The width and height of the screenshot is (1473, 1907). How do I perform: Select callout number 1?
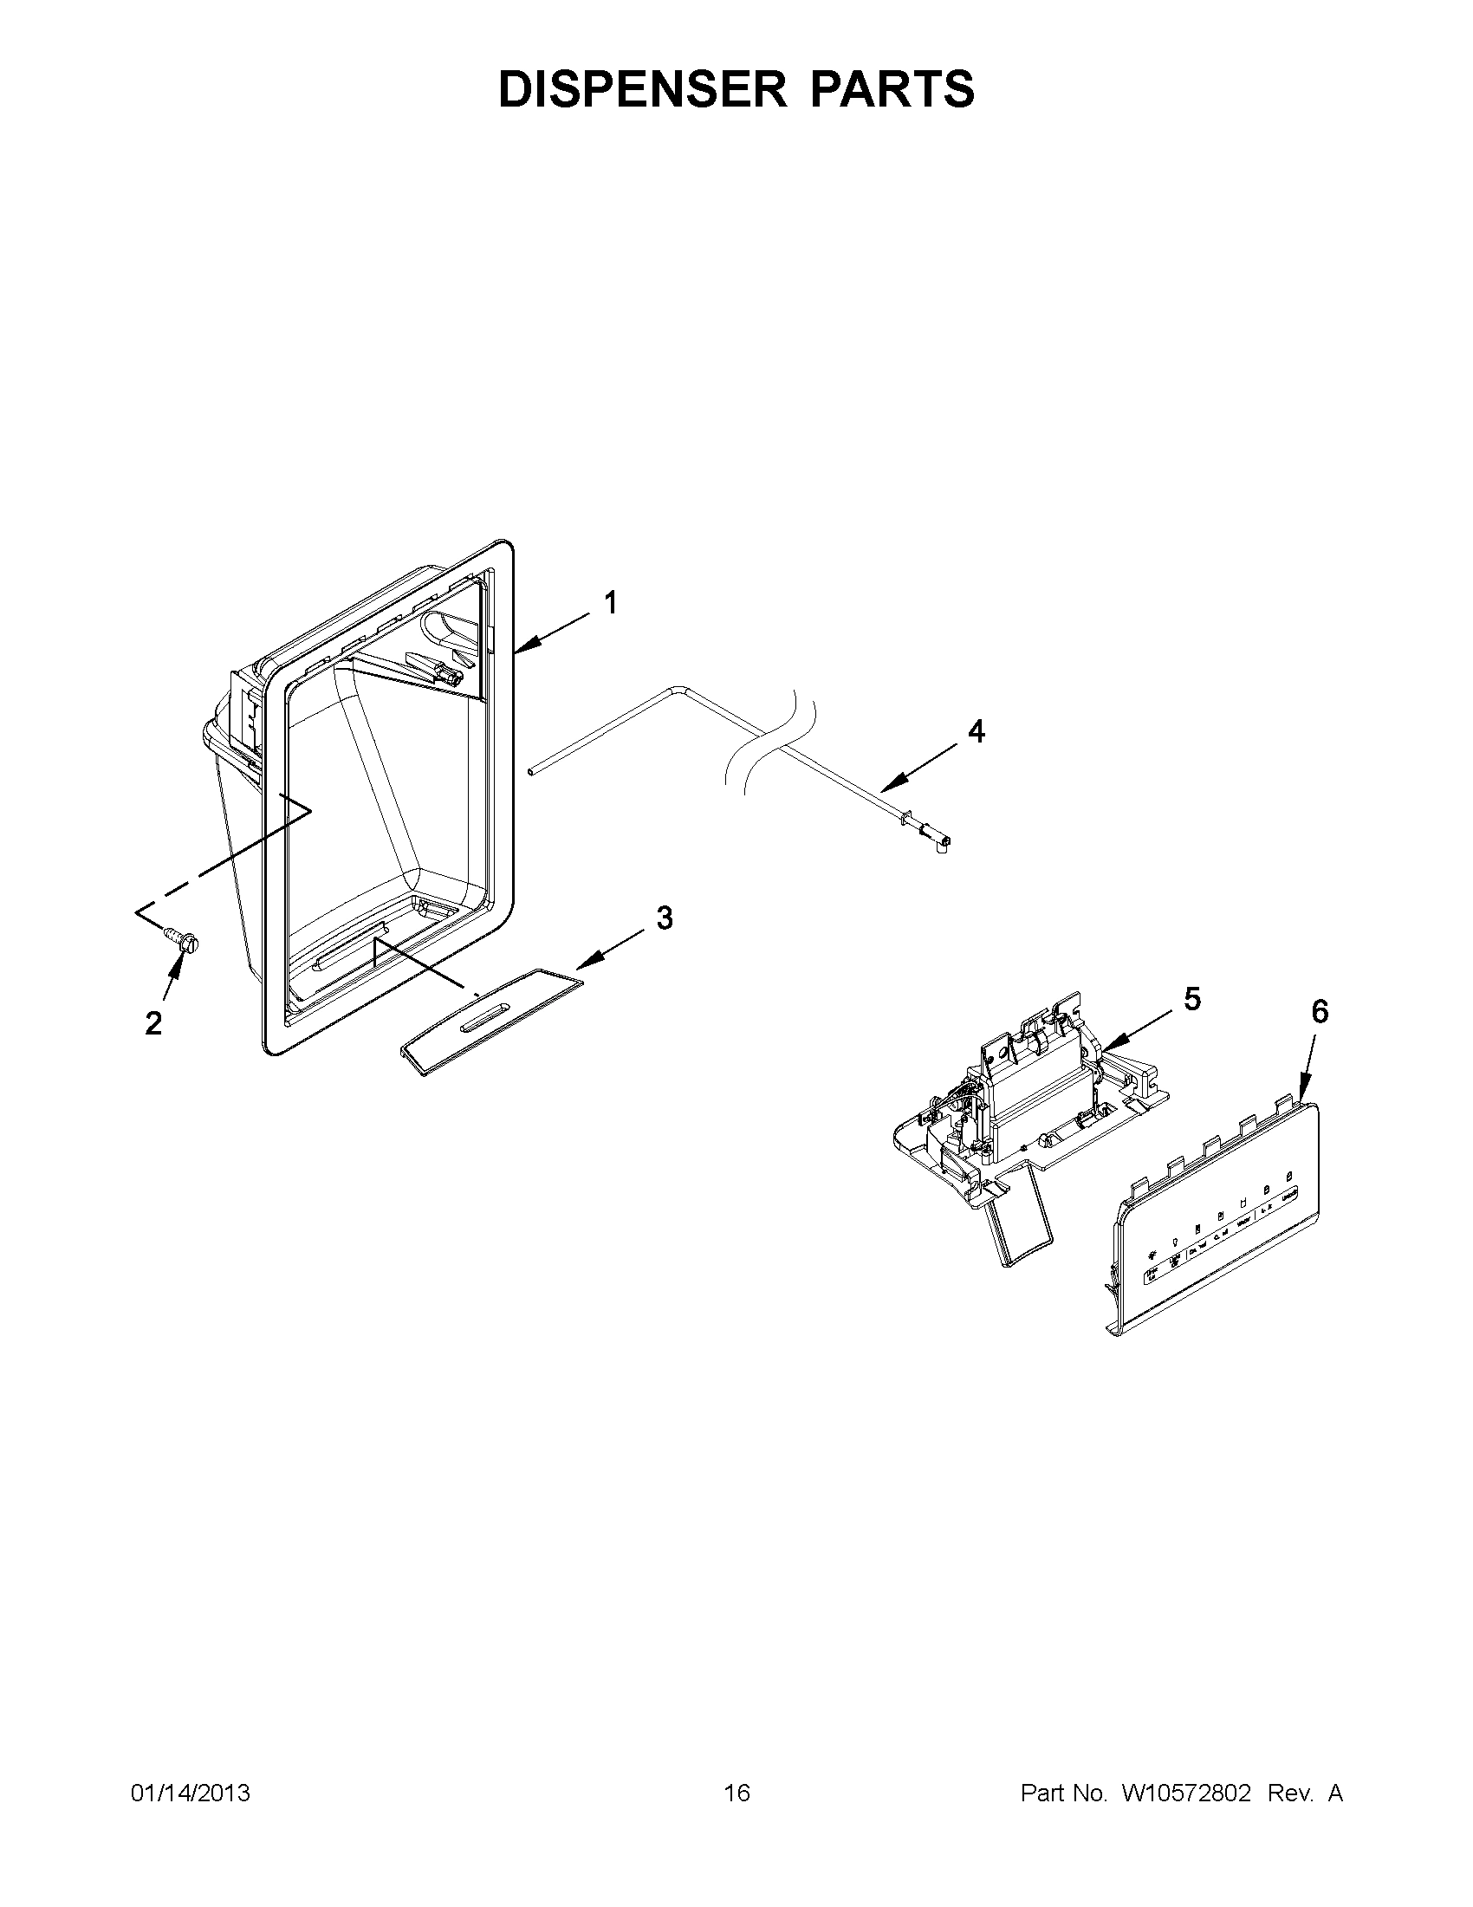click(x=611, y=602)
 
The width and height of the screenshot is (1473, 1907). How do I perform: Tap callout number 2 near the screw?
click(x=153, y=1023)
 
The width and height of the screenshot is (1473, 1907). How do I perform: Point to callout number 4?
click(x=977, y=732)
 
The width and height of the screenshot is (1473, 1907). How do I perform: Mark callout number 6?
click(x=1320, y=1011)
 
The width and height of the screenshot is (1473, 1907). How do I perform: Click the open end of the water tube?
click(x=530, y=771)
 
